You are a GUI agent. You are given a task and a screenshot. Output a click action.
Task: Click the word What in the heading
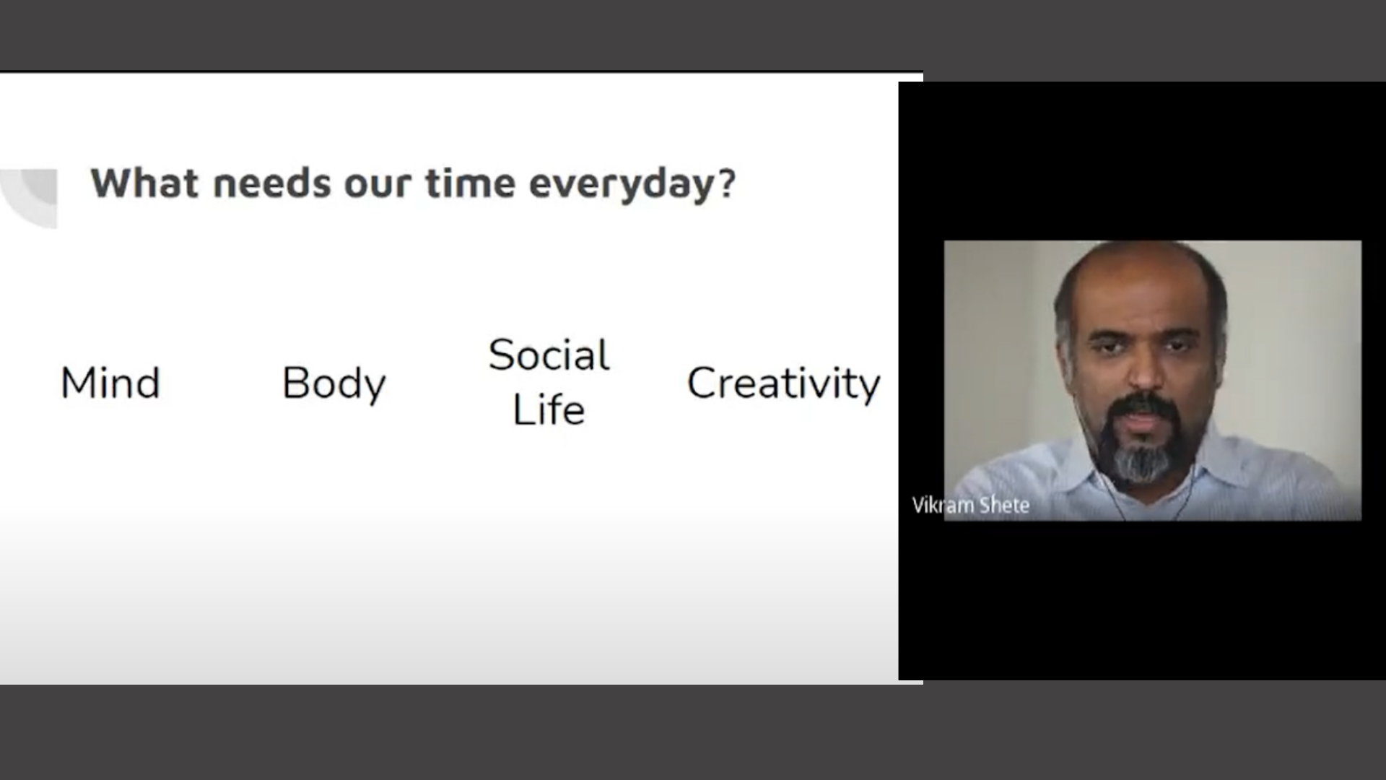[x=144, y=183]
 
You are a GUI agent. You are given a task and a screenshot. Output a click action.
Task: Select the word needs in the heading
[x=273, y=183]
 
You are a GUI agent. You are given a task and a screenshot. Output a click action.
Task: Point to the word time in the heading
[x=470, y=183]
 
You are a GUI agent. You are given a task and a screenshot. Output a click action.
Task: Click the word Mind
[x=110, y=383]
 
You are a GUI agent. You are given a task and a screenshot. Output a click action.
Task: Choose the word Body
[x=334, y=384]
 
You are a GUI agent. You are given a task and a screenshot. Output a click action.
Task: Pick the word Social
[x=549, y=355]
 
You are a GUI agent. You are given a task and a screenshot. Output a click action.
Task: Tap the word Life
[x=549, y=409]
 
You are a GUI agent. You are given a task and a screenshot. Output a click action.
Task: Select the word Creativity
[x=783, y=384]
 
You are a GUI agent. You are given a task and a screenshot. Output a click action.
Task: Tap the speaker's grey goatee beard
[x=1142, y=459]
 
